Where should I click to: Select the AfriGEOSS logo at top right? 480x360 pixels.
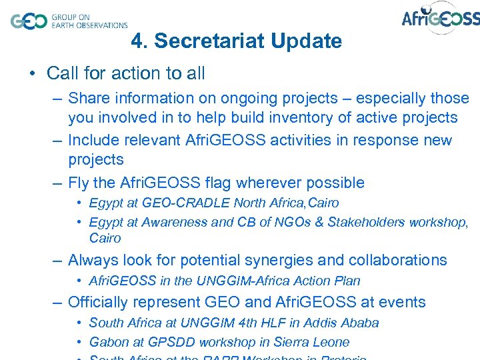coord(440,19)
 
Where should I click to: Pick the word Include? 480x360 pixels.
coord(95,141)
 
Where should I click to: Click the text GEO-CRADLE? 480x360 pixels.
coord(178,203)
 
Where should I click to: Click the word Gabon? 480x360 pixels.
coord(108,342)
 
